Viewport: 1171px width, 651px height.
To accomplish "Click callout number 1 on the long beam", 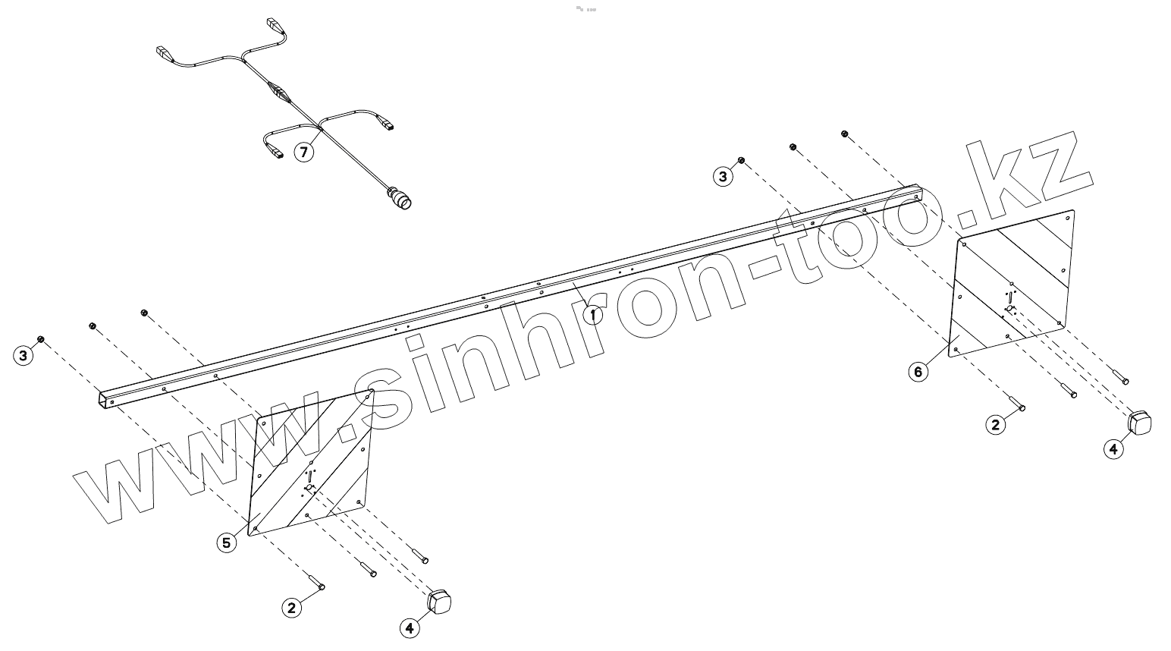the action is coord(592,313).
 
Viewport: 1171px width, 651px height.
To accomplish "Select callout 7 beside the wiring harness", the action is coord(303,153).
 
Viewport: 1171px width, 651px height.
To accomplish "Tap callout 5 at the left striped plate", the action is coord(226,542).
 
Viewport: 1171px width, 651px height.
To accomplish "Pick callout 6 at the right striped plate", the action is coord(918,372).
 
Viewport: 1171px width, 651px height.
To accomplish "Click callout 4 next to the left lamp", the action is coord(410,628).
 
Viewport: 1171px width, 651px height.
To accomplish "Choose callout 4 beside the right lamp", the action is coord(1113,448).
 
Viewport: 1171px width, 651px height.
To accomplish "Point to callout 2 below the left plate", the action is coord(291,607).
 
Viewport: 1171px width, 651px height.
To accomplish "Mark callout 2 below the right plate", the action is coord(995,424).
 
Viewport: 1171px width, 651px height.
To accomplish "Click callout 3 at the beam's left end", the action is coord(24,355).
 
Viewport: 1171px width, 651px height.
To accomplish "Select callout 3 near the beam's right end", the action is coord(723,176).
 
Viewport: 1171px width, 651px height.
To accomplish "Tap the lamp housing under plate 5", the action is coord(441,602).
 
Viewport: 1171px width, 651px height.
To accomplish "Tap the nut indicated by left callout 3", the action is coord(41,338).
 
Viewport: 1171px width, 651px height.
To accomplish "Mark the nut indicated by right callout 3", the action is coord(741,160).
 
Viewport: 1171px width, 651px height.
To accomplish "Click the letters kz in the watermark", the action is coord(1024,182).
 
